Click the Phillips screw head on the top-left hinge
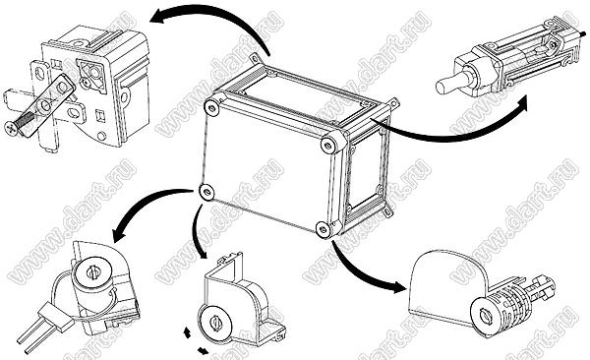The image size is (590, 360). pos(11,128)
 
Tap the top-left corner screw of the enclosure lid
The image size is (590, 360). pos(211,108)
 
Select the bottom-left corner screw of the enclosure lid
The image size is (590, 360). pos(206,193)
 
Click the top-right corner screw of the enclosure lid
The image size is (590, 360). pos(328,145)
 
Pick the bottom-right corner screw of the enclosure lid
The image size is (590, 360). pos(324,229)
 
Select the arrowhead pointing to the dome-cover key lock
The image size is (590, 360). pos(397,286)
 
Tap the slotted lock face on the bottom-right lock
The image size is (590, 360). pos(484,316)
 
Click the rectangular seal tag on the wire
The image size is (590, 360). pos(56,316)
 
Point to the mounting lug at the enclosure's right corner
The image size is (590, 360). pos(393,103)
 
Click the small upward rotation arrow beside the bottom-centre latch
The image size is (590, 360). pos(187,332)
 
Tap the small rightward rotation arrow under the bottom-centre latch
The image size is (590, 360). pos(203,351)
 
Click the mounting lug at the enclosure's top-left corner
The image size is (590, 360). pos(255,57)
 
